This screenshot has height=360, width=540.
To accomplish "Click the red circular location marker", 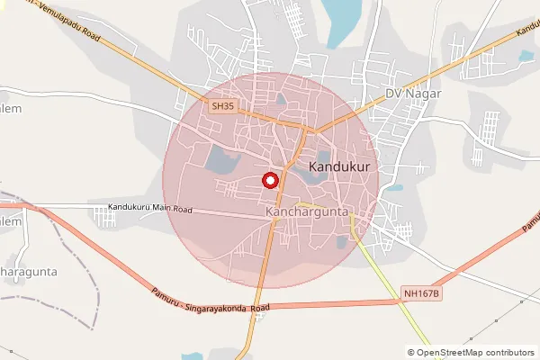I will pyautogui.click(x=269, y=180).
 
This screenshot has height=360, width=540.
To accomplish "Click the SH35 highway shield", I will pyautogui.click(x=222, y=106).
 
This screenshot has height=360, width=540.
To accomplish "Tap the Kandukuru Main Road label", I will pyautogui.click(x=150, y=209).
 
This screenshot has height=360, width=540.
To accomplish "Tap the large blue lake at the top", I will pyautogui.click(x=339, y=22).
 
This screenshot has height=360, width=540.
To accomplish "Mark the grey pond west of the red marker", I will pyautogui.click(x=221, y=160).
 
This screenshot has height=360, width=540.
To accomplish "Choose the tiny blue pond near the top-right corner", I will pyautogui.click(x=526, y=56).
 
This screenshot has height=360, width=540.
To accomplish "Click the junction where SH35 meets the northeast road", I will pyautogui.click(x=310, y=131).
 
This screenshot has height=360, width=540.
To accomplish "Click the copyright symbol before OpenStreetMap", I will pyautogui.click(x=411, y=353).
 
